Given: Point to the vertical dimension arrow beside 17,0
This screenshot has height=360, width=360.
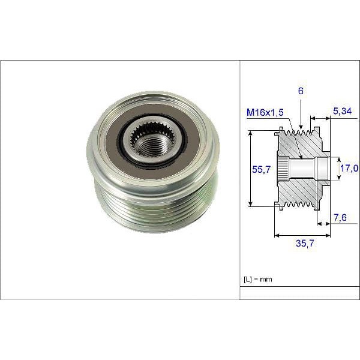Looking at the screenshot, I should pyautogui.click(x=336, y=167).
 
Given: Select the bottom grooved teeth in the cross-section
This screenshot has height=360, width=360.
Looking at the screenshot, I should pyautogui.click(x=300, y=203).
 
